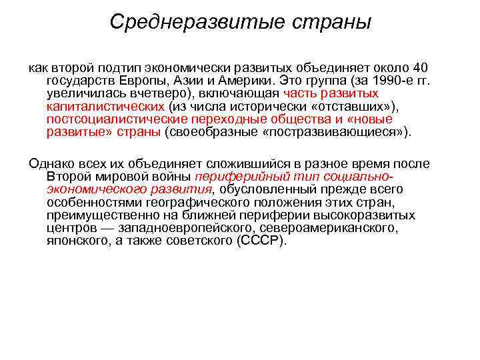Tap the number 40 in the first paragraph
pyautogui.click(x=420, y=68)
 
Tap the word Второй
pyautogui.click(x=69, y=177)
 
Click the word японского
pyautogui.click(x=77, y=241)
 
